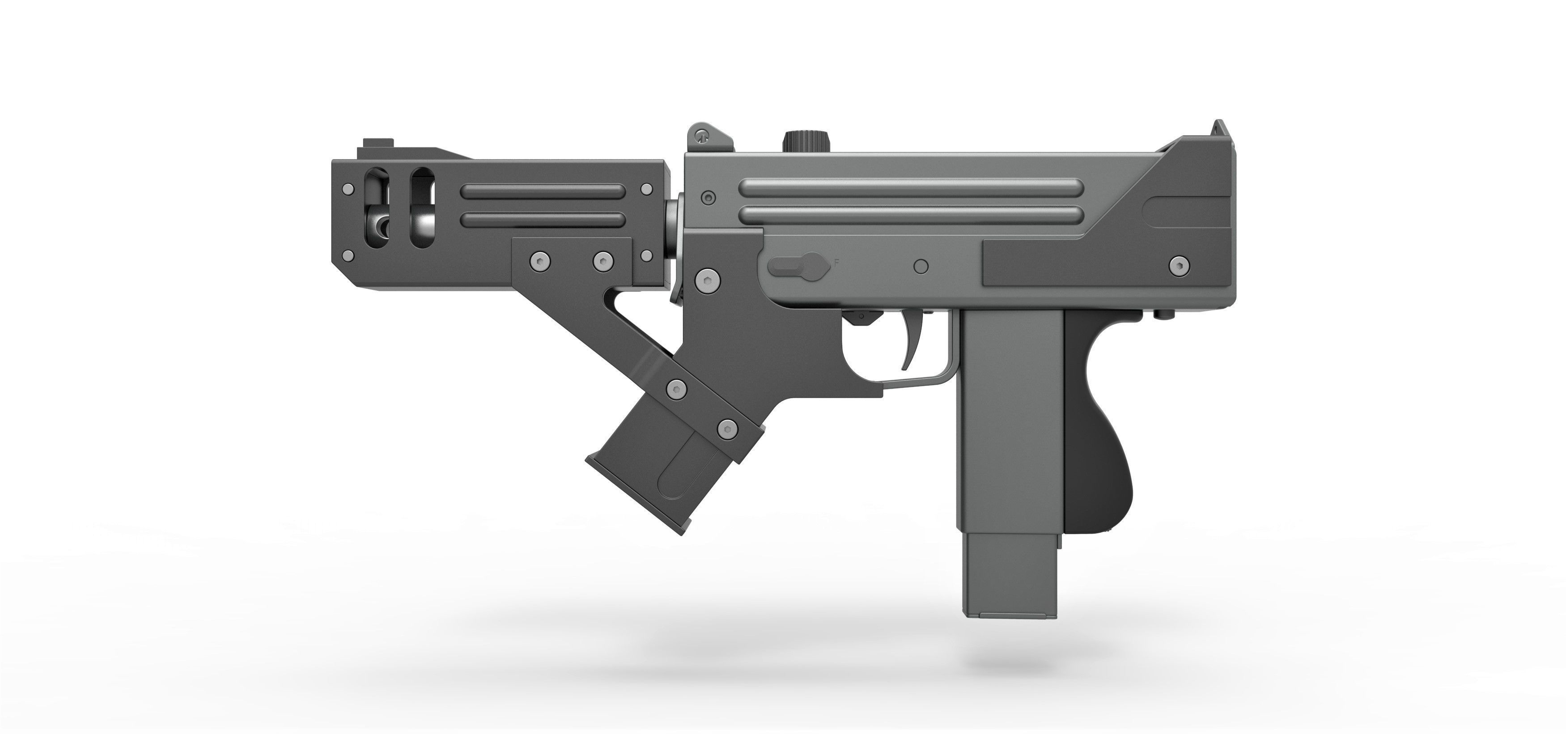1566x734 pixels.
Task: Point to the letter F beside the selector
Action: coord(836,263)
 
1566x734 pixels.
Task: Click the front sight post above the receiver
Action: coord(702,136)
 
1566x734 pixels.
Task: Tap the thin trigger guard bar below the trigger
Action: coord(912,381)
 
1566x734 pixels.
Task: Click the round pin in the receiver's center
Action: coord(921,266)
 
